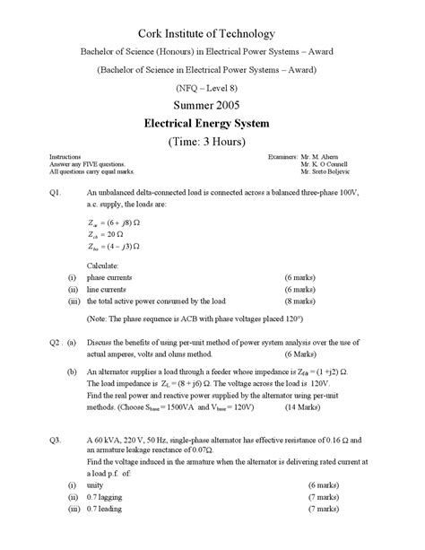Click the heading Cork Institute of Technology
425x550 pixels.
[x=212, y=33]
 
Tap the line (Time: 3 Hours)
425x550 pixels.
[x=212, y=143]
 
